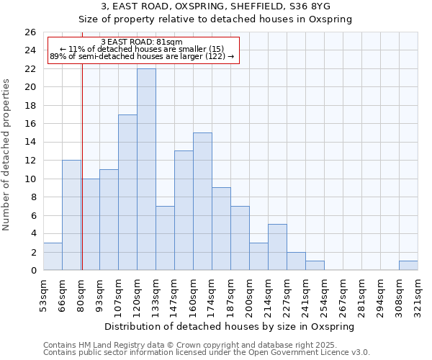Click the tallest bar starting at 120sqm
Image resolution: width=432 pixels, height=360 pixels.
[x=146, y=169]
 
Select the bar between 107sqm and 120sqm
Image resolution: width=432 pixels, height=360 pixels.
[x=127, y=192]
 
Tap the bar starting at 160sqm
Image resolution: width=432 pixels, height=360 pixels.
[x=202, y=202]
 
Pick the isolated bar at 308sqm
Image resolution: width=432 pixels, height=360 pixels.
[x=408, y=266]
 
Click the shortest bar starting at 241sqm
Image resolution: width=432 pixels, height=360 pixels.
[x=315, y=266]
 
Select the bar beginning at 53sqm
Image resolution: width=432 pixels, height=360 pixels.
[x=53, y=257]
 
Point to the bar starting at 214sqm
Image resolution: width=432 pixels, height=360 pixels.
[x=277, y=247]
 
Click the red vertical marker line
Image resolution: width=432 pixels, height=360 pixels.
[x=82, y=166]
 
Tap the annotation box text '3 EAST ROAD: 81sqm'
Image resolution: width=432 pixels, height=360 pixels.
[x=142, y=42]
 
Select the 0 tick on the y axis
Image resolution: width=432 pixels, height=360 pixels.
[x=32, y=271]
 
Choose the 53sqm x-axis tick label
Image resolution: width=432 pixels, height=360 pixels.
[x=43, y=293]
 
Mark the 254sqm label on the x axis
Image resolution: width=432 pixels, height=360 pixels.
[x=324, y=293]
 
